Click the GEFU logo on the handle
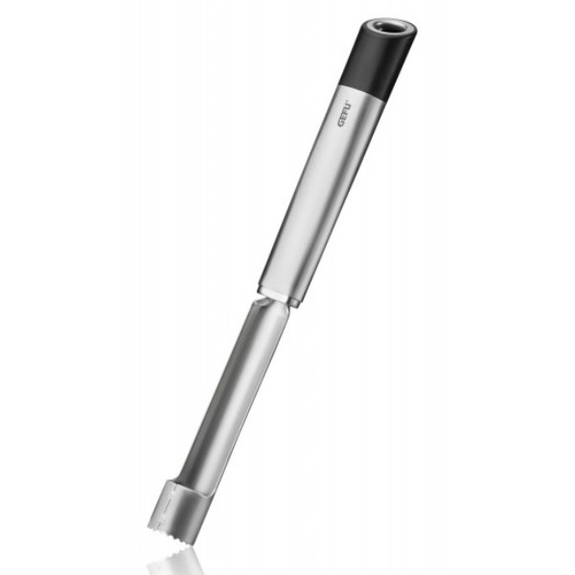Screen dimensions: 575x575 [345, 114]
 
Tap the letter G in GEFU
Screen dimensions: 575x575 [342, 124]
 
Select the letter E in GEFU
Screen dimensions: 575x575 [344, 118]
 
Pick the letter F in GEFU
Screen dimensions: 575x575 [346, 112]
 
